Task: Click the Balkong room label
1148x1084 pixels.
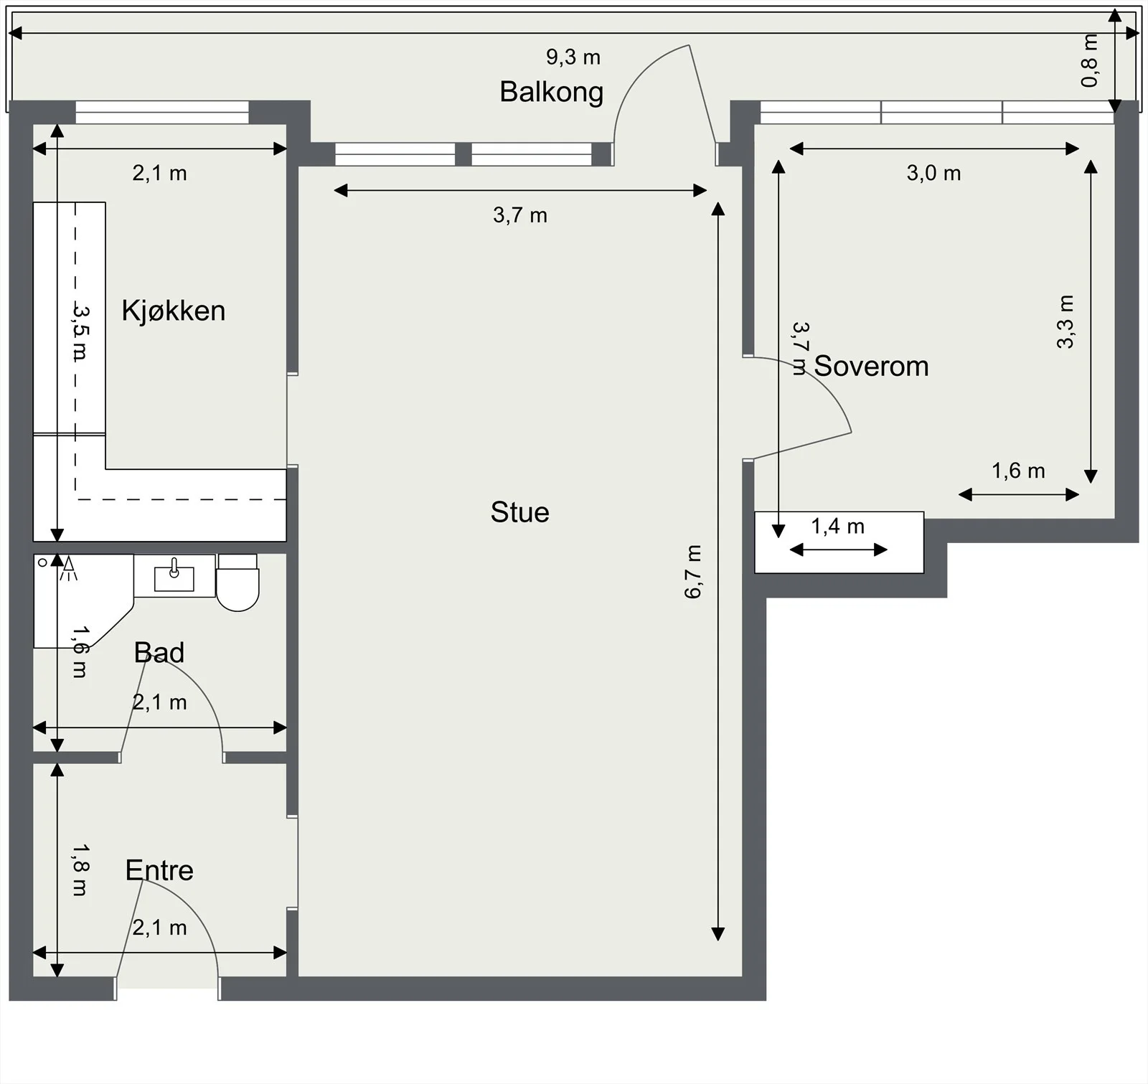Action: pos(551,93)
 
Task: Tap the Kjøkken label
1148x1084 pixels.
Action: pos(174,311)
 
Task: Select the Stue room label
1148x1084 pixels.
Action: pos(520,512)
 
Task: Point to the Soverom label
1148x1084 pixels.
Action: pos(871,366)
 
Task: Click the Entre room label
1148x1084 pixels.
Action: pos(159,870)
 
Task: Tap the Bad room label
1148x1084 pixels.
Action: pos(159,652)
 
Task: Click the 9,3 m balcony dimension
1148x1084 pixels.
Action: pos(573,57)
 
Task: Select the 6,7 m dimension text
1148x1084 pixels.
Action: pos(693,572)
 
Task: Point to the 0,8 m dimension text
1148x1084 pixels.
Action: pos(1089,60)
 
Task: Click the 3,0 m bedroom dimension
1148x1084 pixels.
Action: pos(933,173)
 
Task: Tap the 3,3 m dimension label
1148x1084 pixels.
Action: pos(1065,322)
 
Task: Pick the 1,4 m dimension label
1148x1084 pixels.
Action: pos(838,527)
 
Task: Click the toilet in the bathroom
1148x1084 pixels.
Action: pos(237,583)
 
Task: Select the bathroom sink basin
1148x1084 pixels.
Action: pos(174,576)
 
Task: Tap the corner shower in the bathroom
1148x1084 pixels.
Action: pos(83,601)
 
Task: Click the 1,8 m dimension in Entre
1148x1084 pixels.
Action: pos(80,869)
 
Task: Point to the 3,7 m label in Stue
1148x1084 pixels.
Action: pos(520,215)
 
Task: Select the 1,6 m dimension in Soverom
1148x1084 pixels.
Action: pos(1018,471)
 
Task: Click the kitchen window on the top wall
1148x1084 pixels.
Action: pos(162,113)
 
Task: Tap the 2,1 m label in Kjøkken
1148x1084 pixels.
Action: pos(159,173)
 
